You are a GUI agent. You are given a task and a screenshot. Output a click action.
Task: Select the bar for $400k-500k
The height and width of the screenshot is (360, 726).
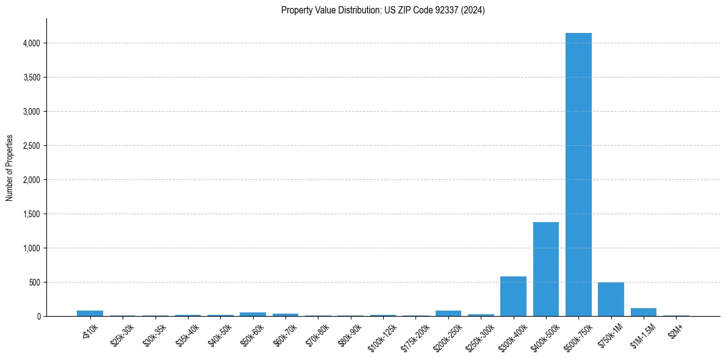pos(546,269)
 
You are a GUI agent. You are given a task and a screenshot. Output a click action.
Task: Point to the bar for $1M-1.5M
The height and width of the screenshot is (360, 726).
pos(644,312)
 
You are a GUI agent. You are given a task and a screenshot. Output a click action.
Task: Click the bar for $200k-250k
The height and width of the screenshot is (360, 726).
pos(448,314)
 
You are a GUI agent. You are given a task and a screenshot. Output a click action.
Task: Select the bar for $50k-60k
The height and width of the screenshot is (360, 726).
pos(253,314)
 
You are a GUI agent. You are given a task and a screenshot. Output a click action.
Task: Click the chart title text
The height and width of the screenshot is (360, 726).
pos(383,10)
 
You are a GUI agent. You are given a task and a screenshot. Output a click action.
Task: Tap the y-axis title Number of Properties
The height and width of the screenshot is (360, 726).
pos(10,168)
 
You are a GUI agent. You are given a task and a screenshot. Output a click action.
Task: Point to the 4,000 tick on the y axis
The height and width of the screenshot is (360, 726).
pos(31,43)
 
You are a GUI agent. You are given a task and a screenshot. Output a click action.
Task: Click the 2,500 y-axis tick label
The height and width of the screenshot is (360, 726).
pos(31,146)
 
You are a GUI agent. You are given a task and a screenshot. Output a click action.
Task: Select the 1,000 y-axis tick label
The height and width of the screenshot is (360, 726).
pos(31,248)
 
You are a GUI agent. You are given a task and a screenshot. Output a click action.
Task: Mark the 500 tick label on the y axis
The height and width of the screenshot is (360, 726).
pos(35,283)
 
